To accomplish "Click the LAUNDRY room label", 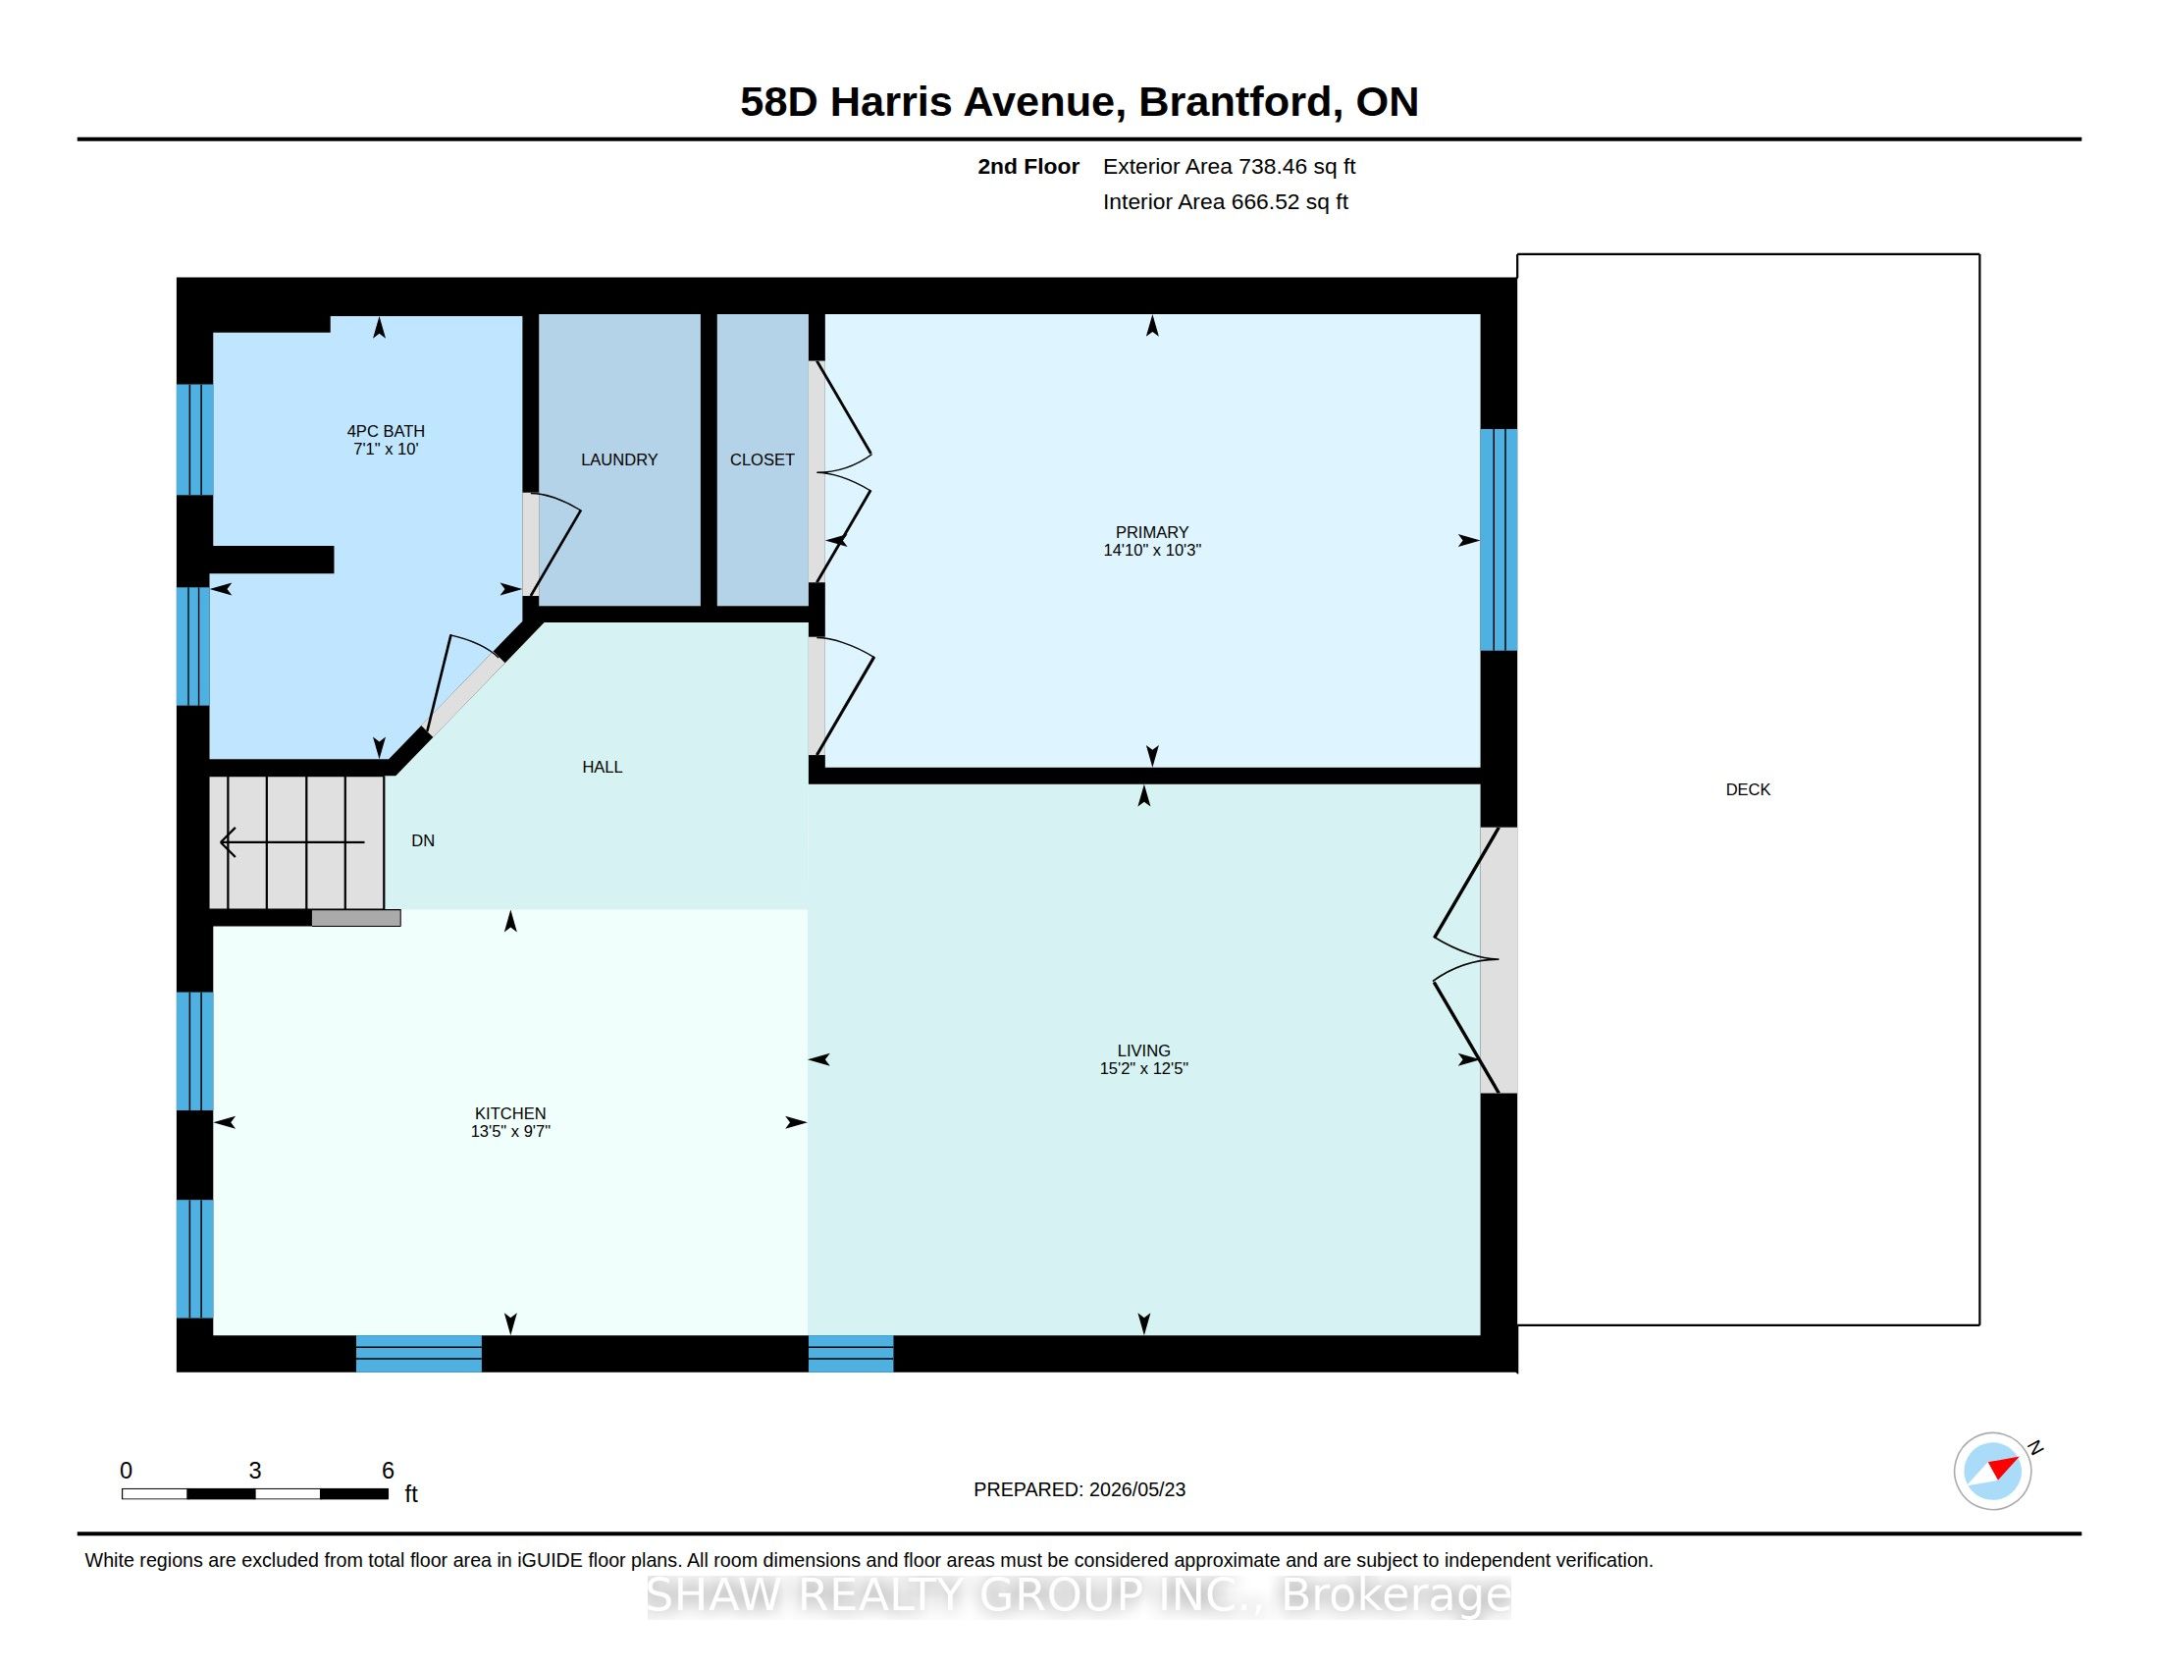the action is point(619,459).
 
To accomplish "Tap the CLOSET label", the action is point(763,459).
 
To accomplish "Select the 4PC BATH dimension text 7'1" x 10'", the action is point(386,449).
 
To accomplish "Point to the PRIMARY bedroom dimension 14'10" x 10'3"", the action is point(1152,550).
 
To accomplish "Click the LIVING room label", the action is point(1143,1051).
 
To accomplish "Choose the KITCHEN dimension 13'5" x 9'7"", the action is point(510,1131).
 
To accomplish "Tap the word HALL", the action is point(602,768).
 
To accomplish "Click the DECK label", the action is point(1748,790).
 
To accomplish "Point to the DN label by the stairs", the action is point(423,840).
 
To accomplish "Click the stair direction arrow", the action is point(292,842).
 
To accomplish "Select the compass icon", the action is point(1993,1471).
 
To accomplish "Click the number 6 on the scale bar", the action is point(389,1471).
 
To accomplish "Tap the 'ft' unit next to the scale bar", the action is point(411,1494).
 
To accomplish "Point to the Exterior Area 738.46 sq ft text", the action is point(1229,167).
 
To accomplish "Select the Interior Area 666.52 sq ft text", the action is point(1226,201).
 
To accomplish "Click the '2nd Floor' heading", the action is point(1028,167).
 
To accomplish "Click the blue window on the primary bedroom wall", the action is point(1499,540).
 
